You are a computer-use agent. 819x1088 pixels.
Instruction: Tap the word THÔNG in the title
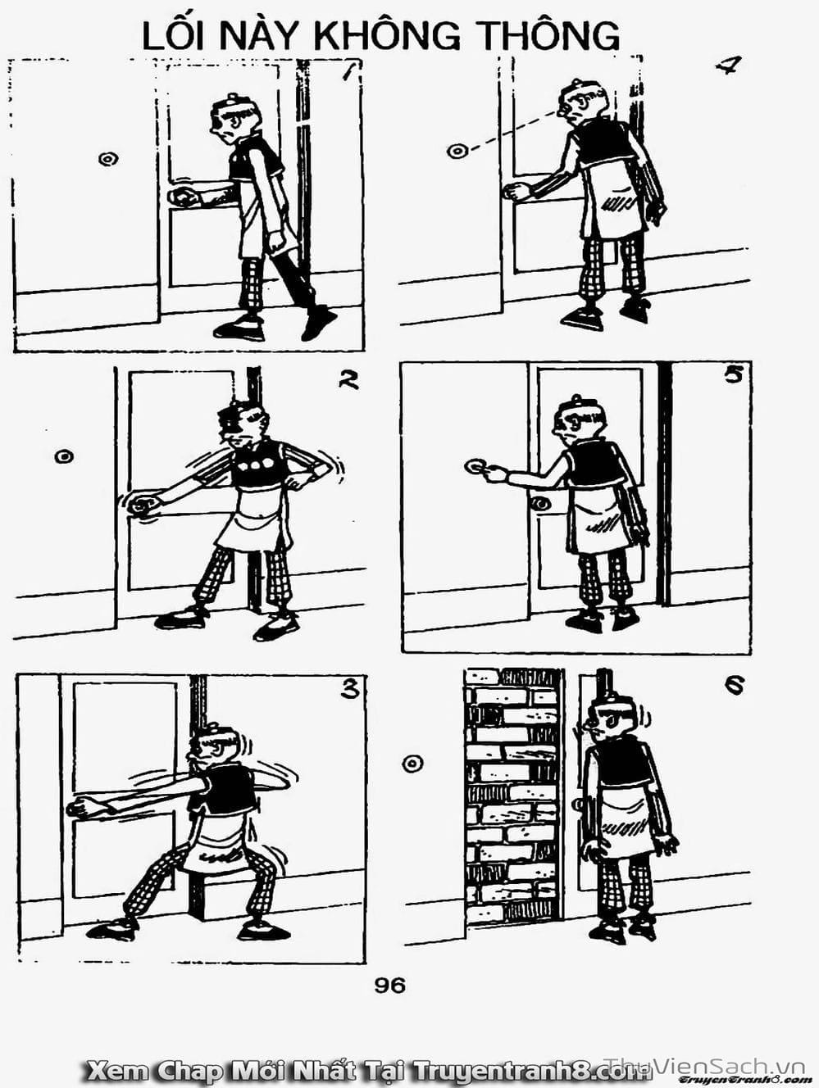(551, 34)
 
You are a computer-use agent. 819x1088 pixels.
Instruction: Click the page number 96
(389, 986)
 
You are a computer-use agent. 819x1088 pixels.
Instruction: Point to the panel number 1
(351, 72)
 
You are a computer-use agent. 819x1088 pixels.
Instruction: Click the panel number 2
(348, 380)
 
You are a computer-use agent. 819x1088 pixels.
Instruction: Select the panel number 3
(350, 689)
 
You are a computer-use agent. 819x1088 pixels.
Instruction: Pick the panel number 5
(733, 375)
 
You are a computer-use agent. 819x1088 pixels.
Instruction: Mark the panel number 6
(735, 686)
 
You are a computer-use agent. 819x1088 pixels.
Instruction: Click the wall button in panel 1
(107, 159)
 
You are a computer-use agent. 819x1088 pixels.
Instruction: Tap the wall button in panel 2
(64, 456)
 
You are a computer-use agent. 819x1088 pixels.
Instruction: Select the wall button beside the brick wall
(412, 764)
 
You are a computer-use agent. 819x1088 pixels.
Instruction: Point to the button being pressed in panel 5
(475, 466)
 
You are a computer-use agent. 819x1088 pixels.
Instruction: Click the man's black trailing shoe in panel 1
(318, 323)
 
